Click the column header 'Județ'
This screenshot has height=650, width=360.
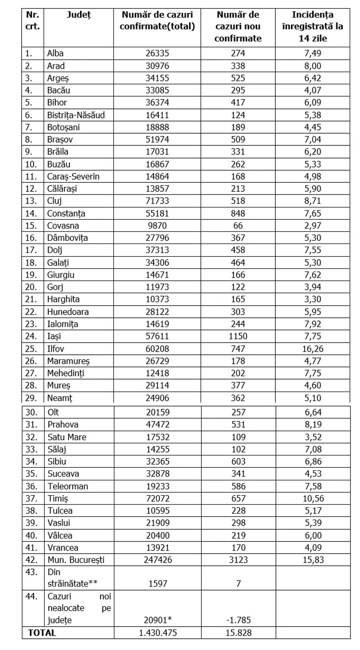point(78,14)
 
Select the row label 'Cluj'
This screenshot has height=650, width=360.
point(54,201)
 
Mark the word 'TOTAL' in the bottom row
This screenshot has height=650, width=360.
point(42,632)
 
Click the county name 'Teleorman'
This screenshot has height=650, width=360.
point(67,486)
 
